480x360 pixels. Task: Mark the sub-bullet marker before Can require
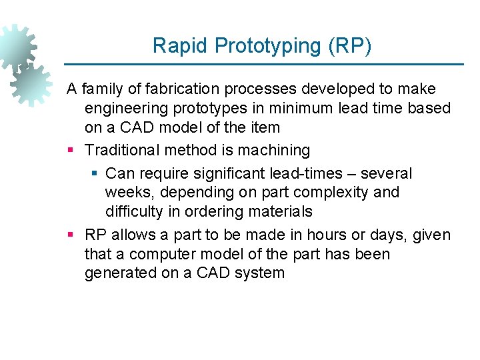coord(94,174)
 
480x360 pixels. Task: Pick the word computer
coord(159,254)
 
